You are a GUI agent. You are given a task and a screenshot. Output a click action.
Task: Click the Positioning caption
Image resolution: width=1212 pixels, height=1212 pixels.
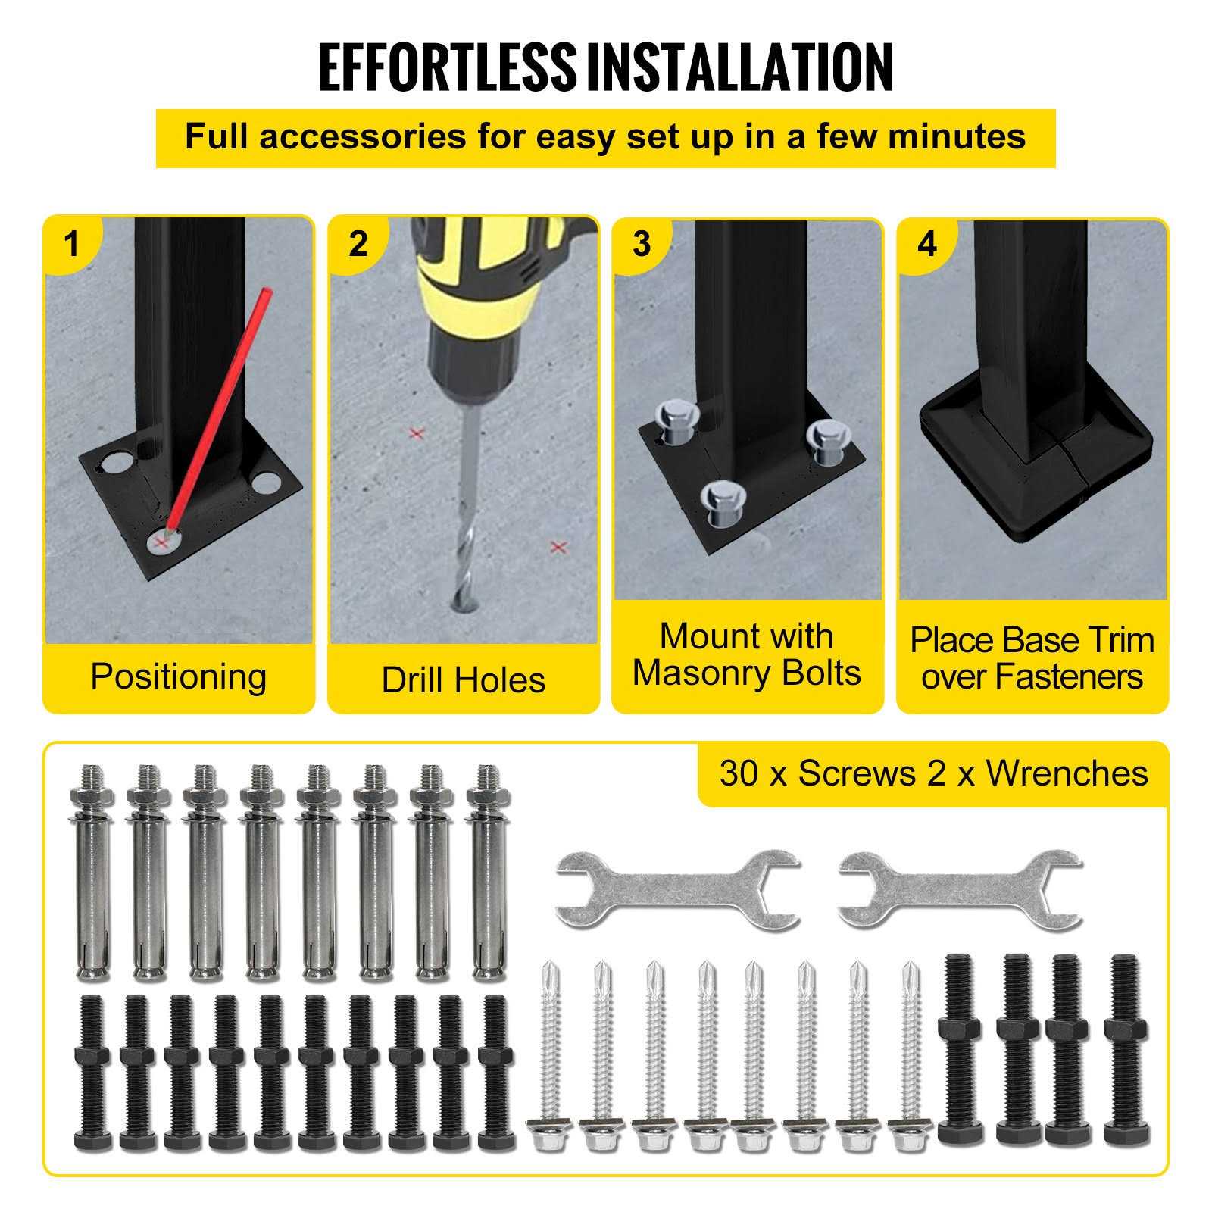(179, 676)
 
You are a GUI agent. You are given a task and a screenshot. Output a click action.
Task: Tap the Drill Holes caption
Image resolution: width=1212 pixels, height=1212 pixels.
(463, 679)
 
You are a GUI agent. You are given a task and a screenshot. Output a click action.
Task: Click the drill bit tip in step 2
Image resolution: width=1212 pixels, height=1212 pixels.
(463, 602)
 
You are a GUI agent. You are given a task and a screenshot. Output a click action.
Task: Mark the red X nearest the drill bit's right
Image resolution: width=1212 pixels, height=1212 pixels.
(558, 546)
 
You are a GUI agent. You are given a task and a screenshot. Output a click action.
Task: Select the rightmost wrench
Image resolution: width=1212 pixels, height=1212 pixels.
(960, 889)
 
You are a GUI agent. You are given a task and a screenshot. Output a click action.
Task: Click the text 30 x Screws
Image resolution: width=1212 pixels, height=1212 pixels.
(817, 773)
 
